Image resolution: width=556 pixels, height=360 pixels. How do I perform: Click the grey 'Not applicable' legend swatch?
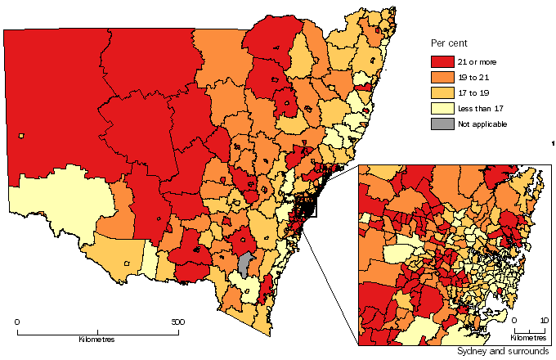443,124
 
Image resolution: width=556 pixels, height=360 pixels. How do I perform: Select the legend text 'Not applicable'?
485,124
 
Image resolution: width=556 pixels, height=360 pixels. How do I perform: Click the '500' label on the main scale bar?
177,322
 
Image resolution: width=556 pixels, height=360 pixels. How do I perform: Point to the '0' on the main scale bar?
18,322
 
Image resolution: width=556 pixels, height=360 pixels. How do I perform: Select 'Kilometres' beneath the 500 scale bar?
96,339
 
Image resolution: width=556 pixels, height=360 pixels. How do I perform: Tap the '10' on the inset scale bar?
545,321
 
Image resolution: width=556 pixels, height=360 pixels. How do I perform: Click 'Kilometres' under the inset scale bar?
528,337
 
